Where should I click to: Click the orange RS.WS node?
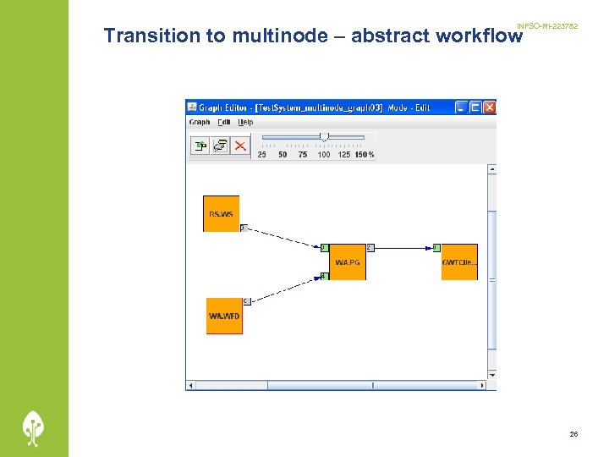221,213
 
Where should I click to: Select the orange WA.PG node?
347,262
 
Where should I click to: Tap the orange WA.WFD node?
224,316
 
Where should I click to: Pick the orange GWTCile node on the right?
459,262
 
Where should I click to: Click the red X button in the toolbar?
240,146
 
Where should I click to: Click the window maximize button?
475,107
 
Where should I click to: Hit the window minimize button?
461,107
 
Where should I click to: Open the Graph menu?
200,122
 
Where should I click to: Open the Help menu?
245,122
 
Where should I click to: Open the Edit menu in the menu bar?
223,122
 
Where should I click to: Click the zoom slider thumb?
324,136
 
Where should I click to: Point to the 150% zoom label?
365,155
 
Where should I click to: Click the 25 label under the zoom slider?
261,155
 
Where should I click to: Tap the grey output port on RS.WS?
243,228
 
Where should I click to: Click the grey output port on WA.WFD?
246,300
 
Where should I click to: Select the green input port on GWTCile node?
436,248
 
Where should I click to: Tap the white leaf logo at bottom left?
34,427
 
